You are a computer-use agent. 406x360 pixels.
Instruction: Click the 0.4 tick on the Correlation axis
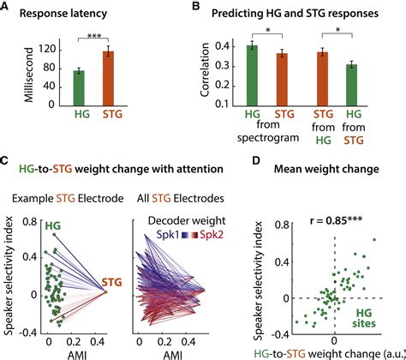click(224, 46)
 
